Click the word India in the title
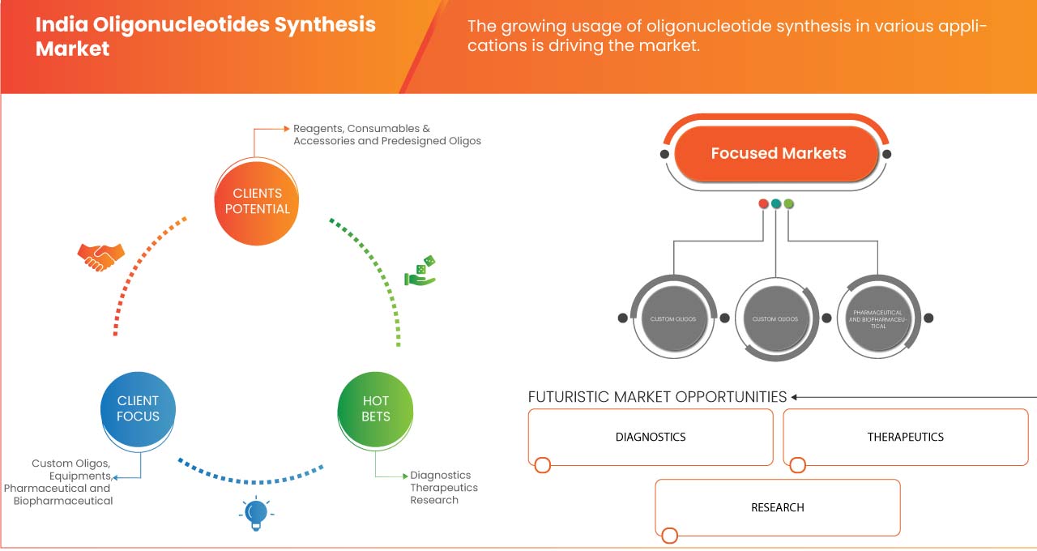click(59, 24)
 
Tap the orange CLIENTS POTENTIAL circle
click(257, 201)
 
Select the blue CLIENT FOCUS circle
click(138, 408)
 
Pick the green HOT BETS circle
click(376, 408)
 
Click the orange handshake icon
click(101, 256)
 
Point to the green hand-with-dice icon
click(421, 271)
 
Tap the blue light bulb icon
click(256, 513)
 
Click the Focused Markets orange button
click(778, 153)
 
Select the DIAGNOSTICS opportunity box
click(651, 437)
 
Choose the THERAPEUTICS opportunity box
click(905, 437)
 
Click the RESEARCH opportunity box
click(777, 507)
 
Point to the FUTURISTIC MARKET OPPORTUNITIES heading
click(657, 397)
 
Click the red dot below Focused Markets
click(763, 203)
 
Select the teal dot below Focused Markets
click(776, 203)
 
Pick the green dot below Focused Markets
click(789, 203)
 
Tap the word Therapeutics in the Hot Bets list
click(443, 488)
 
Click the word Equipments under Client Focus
click(79, 476)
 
